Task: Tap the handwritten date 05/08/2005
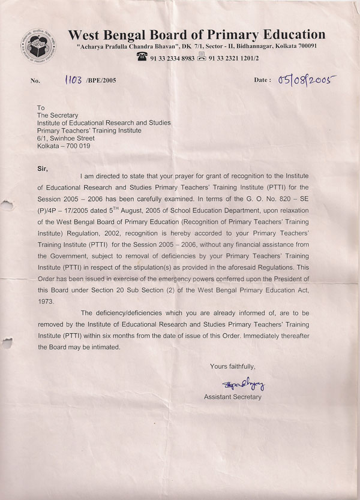305,80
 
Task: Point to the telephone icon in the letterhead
142,58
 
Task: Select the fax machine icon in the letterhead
202,58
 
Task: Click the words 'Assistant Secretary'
233,397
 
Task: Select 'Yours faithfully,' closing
232,366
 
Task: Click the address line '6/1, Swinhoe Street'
65,137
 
